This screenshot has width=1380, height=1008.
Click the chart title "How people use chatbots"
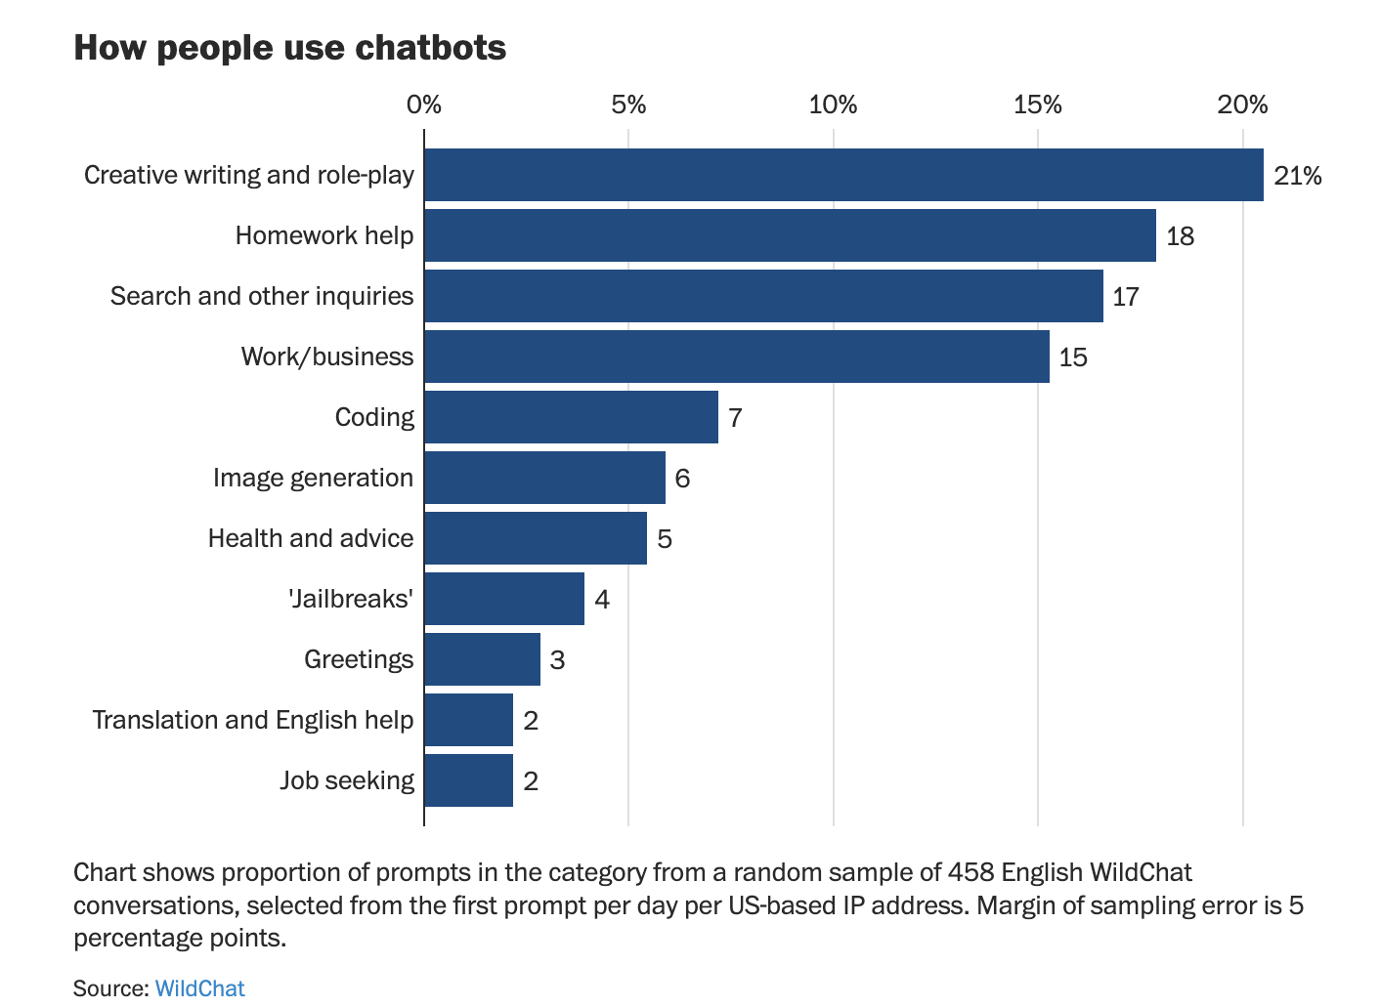290,48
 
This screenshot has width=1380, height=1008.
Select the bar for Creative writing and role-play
843,175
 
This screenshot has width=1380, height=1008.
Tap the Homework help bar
790,235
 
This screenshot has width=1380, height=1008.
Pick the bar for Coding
571,417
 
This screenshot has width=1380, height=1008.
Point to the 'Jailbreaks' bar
504,599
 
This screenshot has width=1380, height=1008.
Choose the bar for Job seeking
469,780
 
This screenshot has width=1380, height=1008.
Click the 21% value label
1297,176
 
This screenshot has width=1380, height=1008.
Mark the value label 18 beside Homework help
1180,236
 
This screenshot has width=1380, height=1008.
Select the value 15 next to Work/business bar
1073,357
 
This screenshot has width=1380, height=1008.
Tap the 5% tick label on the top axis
628,105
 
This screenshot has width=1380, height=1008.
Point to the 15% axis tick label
1037,105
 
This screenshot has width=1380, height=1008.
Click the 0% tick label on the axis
424,105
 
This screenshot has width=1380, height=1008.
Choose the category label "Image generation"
313,478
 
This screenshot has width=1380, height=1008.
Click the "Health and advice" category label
311,538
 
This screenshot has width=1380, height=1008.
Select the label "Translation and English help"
253,720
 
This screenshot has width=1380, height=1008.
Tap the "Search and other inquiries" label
262,296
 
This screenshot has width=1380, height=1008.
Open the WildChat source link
199,988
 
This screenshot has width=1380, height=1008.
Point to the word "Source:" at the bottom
111,988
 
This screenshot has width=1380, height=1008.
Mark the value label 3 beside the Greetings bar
557,660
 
